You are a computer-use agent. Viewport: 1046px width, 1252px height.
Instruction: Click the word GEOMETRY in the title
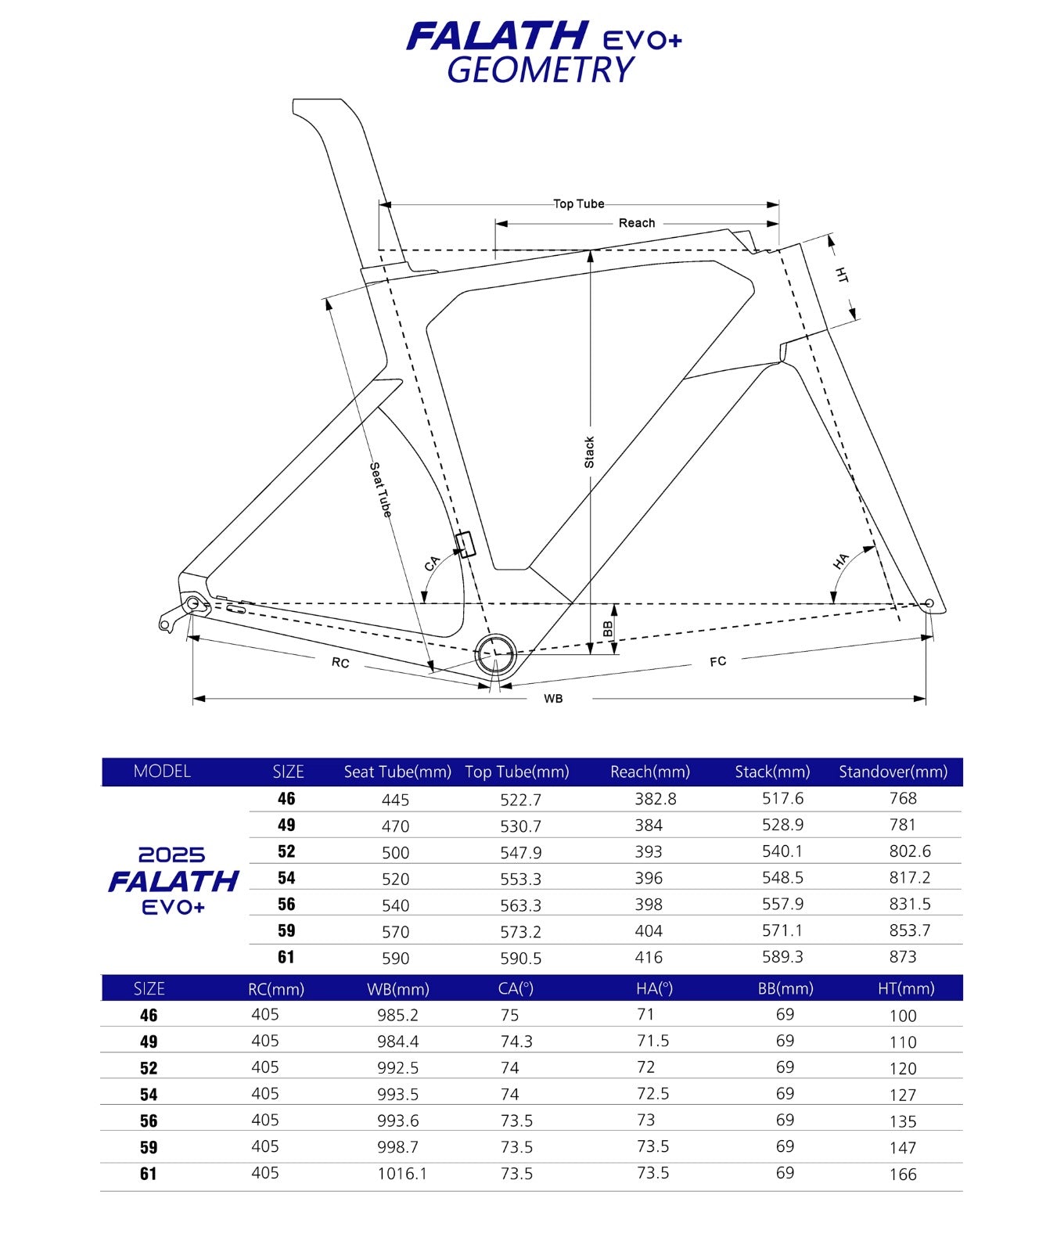[541, 70]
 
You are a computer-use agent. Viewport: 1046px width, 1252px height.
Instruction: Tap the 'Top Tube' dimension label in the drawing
[579, 204]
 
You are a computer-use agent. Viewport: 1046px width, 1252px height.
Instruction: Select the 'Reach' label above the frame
[637, 223]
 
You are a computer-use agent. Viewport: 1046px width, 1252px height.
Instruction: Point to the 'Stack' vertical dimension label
[590, 453]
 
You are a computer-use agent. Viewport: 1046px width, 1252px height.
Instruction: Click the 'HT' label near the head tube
[842, 275]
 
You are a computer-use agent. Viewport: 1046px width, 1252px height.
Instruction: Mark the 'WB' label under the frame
[553, 698]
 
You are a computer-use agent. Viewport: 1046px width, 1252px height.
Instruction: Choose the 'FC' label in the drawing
[718, 662]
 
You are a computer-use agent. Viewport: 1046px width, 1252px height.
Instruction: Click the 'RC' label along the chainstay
[340, 663]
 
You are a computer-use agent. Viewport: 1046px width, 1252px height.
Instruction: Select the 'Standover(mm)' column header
[893, 772]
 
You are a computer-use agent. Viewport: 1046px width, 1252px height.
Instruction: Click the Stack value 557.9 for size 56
[782, 904]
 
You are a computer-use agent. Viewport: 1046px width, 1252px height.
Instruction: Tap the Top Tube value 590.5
[521, 958]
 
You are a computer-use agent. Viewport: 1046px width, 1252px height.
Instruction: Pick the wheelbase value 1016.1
[402, 1174]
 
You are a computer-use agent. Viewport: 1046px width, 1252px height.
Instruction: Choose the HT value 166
[903, 1174]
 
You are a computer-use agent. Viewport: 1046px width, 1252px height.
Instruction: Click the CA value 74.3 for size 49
[516, 1042]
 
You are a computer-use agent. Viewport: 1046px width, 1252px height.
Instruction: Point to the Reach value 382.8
[656, 799]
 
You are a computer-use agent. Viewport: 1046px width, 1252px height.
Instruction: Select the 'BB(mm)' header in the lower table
[785, 989]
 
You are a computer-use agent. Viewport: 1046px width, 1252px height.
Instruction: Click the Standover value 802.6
[910, 851]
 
